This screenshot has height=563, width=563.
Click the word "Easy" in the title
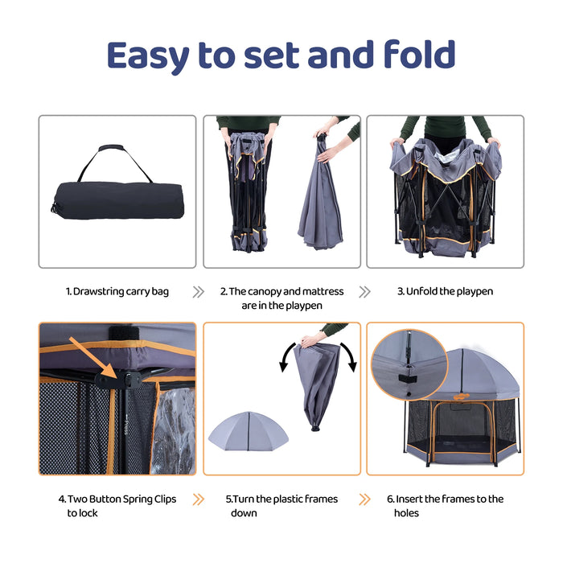[x=148, y=55]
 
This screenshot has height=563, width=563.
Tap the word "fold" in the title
[x=419, y=54]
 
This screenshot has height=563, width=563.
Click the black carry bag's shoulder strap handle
[x=115, y=162]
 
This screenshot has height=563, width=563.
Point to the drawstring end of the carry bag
[x=55, y=208]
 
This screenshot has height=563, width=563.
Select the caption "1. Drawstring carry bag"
[x=117, y=291]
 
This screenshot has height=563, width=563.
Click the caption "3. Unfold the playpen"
[x=445, y=291]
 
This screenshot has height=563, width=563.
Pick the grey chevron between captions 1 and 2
[x=198, y=292]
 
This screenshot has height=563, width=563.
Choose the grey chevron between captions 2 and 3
[x=364, y=292]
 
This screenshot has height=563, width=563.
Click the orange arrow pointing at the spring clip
[x=94, y=358]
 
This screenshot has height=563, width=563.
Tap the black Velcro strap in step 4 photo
[x=124, y=333]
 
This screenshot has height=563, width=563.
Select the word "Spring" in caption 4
[x=137, y=499]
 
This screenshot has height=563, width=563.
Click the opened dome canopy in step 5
[x=249, y=430]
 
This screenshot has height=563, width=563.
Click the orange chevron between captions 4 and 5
[x=198, y=499]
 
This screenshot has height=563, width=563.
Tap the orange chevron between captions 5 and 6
[x=364, y=499]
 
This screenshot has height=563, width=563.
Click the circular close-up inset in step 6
[x=409, y=364]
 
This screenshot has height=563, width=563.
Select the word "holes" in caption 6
[x=406, y=513]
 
